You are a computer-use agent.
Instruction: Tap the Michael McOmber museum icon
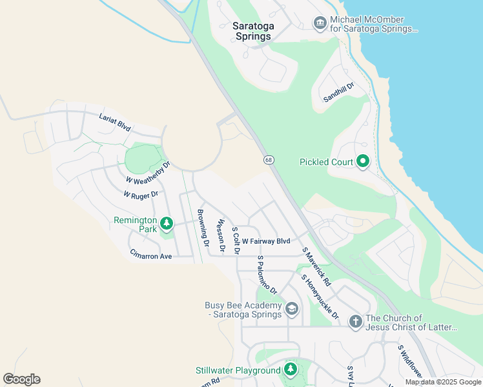(x=319, y=24)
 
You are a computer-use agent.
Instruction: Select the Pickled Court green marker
(x=363, y=161)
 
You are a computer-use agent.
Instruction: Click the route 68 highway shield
(x=268, y=159)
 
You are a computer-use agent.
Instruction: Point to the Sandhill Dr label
(x=339, y=94)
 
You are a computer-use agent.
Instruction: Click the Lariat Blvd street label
(x=115, y=123)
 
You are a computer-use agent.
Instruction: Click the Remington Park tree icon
(x=167, y=224)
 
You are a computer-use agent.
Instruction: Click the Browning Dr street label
(x=203, y=228)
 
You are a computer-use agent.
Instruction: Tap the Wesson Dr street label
(x=221, y=235)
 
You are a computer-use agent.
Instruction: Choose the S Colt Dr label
(x=236, y=240)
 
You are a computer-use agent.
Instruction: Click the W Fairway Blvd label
(x=266, y=241)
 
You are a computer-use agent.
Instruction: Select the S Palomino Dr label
(x=267, y=274)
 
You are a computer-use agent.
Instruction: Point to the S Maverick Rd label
(x=316, y=266)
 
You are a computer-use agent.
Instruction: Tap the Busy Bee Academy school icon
(x=291, y=310)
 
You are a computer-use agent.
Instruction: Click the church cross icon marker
(x=355, y=321)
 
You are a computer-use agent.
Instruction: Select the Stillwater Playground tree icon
(x=291, y=370)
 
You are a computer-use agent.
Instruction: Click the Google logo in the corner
(x=21, y=379)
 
